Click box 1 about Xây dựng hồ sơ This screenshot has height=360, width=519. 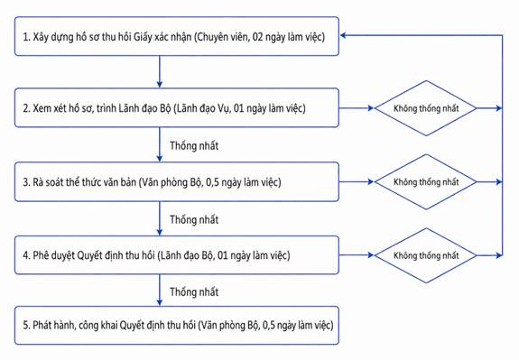pos(177,36)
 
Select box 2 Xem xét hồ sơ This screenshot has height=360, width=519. pos(177,107)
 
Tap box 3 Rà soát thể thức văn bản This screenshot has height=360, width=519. pos(177,181)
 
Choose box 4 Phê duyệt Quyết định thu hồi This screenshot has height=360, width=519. pos(177,255)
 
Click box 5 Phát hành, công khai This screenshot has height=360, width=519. pos(177,325)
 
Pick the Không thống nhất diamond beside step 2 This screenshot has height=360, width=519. pos(426,108)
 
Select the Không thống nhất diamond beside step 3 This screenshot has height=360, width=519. pos(426,182)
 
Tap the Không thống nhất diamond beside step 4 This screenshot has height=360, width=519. pos(426,255)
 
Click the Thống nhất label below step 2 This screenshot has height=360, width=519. pos(194,145)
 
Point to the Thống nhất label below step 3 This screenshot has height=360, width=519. pos(194,219)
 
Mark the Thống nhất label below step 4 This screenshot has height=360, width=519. pos(194,291)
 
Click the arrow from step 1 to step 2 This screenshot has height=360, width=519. pos(160,71)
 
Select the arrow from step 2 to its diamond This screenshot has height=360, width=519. pos(357,108)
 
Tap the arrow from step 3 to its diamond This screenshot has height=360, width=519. pos(357,181)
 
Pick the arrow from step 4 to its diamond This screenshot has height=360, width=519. pos(357,255)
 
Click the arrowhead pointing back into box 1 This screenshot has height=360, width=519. pos(343,35)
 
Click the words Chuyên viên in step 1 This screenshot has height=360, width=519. pos(223,36)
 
